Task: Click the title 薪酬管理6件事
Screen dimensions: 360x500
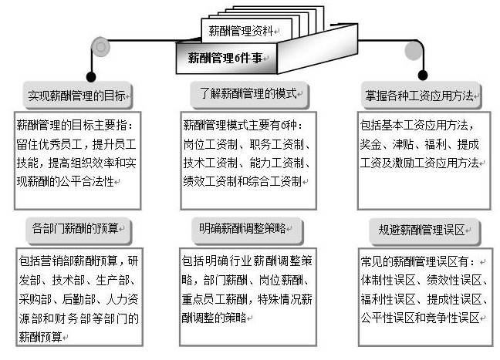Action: point(225,57)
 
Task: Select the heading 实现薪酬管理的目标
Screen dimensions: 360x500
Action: point(76,96)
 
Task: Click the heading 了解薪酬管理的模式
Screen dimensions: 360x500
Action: point(244,94)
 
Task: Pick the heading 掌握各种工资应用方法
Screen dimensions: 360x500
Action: point(420,97)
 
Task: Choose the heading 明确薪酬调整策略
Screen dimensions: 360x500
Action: point(242,228)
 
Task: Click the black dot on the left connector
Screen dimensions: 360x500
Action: point(92,76)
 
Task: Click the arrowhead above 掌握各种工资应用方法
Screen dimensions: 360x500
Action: point(422,76)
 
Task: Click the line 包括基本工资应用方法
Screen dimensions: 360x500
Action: point(415,125)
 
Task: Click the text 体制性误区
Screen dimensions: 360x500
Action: point(389,279)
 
